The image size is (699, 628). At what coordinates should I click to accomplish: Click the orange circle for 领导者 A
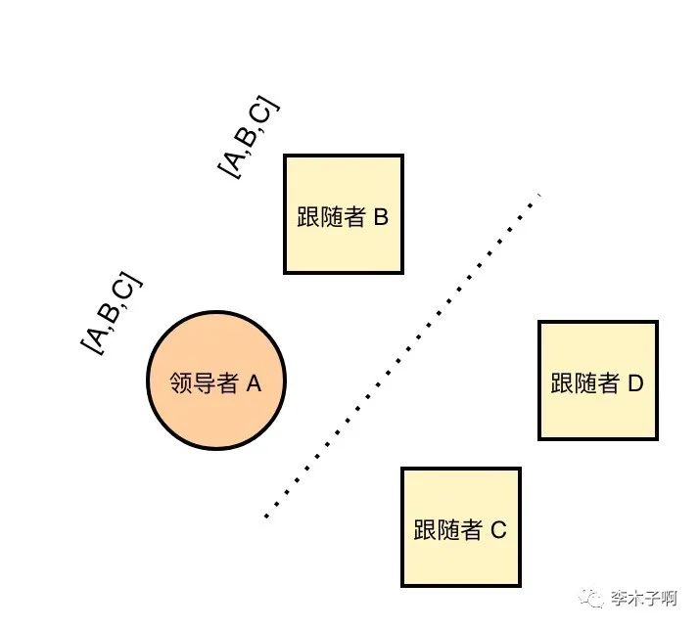coord(216,381)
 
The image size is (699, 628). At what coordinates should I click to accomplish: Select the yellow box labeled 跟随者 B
coord(343,213)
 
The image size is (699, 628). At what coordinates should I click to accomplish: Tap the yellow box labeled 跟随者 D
coord(597,380)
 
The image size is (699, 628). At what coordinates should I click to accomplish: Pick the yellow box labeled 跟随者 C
coord(460,526)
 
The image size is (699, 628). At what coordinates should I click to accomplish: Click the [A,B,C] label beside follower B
coord(249,138)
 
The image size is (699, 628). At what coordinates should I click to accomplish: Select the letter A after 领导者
coord(254,383)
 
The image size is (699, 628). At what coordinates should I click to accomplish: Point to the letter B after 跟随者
coord(381,217)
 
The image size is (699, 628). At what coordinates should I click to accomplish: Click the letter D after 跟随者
coord(634,383)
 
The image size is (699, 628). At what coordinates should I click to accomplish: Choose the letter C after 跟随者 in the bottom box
coord(498,530)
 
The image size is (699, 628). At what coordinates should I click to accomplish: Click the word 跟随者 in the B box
coord(331,217)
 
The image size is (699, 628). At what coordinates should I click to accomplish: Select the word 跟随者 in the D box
coord(585,383)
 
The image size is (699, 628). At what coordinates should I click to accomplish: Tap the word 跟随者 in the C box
coord(448,530)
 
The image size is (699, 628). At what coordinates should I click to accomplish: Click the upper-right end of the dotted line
coord(536,200)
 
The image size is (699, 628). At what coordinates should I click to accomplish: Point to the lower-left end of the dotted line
coord(266,516)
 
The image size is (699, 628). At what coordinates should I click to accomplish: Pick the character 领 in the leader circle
coord(180,383)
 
